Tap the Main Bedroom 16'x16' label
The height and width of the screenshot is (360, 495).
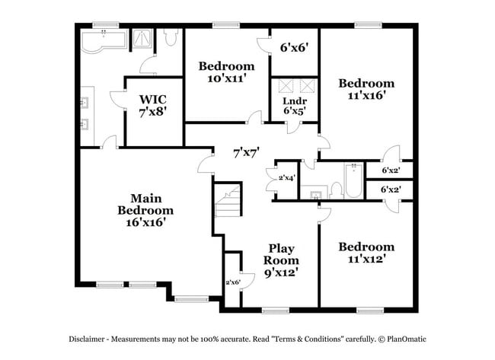point(145,210)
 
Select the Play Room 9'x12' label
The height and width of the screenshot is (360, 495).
point(281,260)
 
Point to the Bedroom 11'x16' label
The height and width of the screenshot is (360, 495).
point(367,89)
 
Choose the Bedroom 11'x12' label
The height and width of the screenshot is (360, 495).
point(367,252)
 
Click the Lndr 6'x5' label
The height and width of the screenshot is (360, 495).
point(295,106)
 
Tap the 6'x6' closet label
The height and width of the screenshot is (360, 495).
point(294,46)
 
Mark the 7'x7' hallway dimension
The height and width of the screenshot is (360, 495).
point(247,152)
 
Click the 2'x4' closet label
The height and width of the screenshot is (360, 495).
point(287,179)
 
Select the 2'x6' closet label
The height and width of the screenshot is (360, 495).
point(232,282)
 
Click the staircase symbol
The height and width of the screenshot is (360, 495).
point(228,201)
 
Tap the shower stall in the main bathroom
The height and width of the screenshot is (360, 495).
point(141,40)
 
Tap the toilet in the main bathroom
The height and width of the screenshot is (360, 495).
point(170,38)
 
